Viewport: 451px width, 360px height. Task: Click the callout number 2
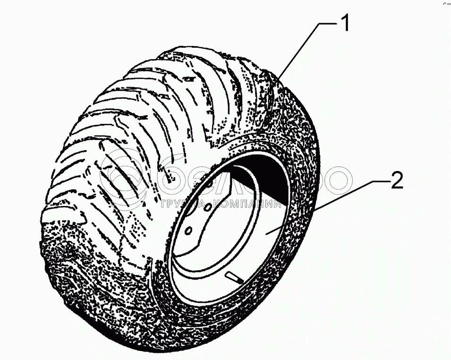point(397,180)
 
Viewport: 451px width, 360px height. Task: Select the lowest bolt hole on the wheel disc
point(187,231)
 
